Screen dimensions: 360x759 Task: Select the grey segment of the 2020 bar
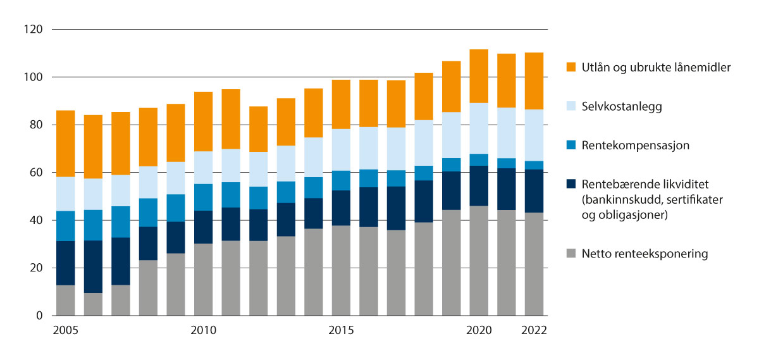click(479, 261)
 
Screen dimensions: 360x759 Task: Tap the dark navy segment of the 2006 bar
click(93, 266)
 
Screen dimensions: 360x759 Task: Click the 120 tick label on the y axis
click(34, 30)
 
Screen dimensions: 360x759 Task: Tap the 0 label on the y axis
click(39, 316)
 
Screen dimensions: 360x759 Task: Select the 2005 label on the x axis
click(65, 331)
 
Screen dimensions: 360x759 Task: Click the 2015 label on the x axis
click(341, 331)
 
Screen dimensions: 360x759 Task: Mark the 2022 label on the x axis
click(534, 331)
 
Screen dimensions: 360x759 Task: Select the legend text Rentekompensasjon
click(636, 146)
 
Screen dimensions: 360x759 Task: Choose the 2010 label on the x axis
click(204, 331)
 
